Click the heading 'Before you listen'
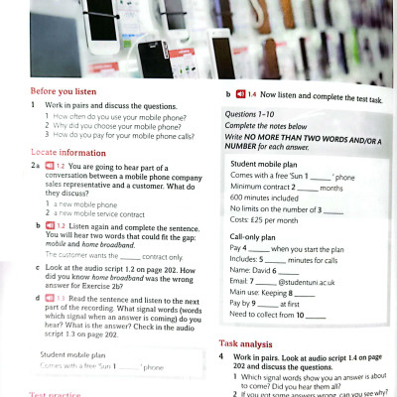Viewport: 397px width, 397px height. (x=68, y=91)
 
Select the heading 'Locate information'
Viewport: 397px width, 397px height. (x=67, y=153)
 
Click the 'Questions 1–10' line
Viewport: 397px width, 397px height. (x=252, y=114)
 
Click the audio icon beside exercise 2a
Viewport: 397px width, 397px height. (x=49, y=166)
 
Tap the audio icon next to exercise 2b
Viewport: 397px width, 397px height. (x=49, y=226)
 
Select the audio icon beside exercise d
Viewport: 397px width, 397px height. (x=49, y=298)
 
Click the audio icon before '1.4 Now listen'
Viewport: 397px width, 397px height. (x=240, y=94)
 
